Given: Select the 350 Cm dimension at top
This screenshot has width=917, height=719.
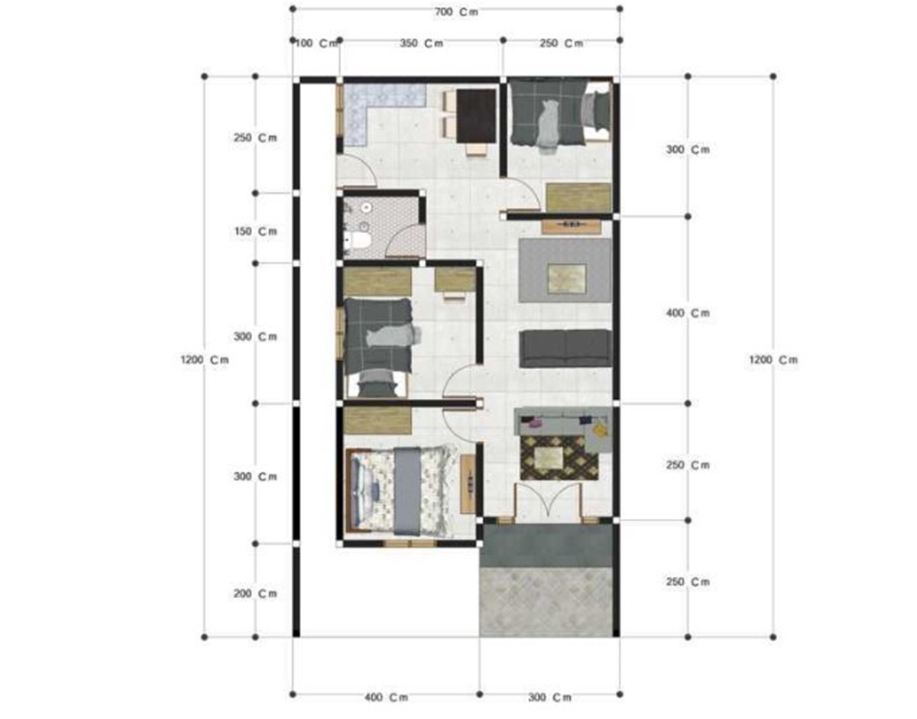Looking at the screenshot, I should (x=420, y=44).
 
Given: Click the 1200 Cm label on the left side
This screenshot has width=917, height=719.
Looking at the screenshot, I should (x=205, y=360).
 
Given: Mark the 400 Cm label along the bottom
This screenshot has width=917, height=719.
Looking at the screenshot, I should (x=386, y=698).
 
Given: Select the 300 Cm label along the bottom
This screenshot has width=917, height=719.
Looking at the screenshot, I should (x=549, y=698).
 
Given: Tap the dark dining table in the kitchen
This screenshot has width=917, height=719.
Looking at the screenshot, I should (x=476, y=115).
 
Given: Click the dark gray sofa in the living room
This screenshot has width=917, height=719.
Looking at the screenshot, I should (x=565, y=348).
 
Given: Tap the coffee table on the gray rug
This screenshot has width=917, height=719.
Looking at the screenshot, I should (x=567, y=278).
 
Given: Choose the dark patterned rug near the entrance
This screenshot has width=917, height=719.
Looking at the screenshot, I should (x=559, y=458).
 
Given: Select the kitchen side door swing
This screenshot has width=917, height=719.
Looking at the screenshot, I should (x=355, y=170).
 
